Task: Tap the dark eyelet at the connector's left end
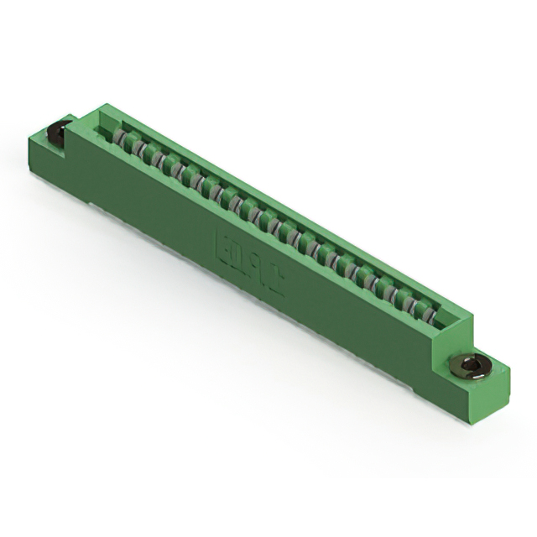(58, 131)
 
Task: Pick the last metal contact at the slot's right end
(430, 316)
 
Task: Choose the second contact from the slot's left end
(139, 149)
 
